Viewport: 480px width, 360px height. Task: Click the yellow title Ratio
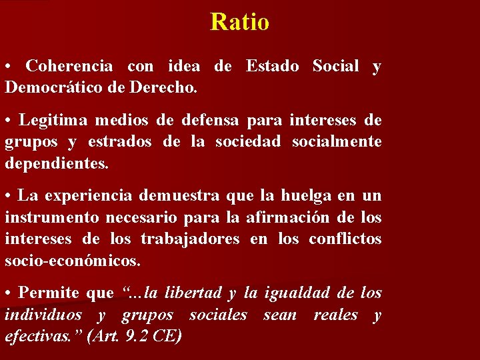(239, 22)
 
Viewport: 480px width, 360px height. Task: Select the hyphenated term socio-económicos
(73, 260)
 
